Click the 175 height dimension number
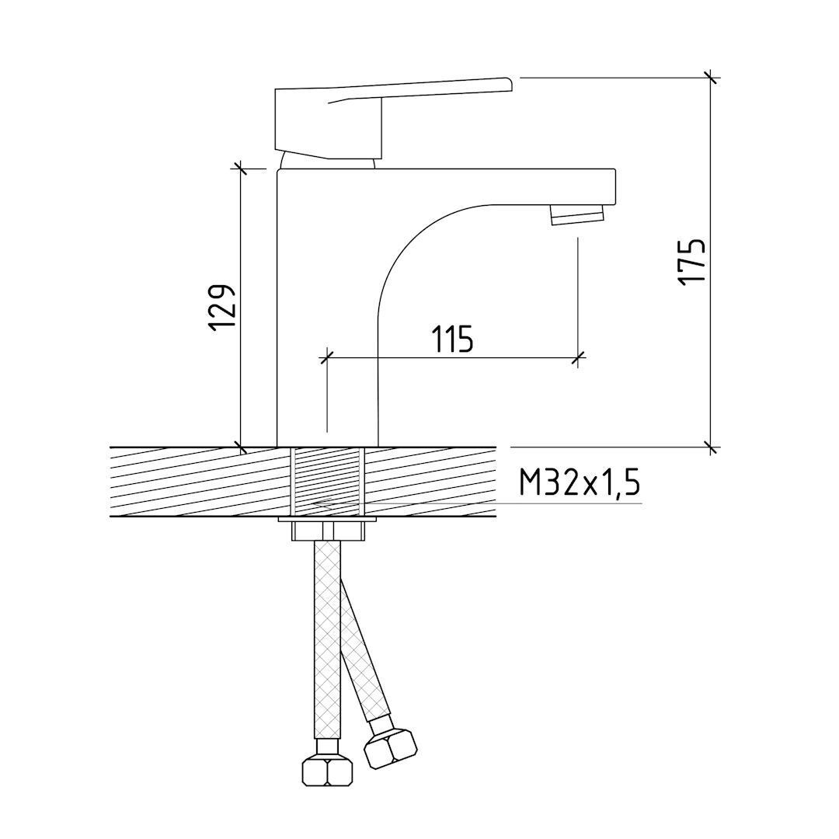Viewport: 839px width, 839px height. point(691,262)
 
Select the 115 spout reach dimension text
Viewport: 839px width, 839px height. point(453,339)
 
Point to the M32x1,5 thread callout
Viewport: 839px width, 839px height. point(579,484)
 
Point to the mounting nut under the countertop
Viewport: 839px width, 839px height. point(328,532)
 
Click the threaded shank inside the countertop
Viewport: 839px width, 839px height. point(328,482)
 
